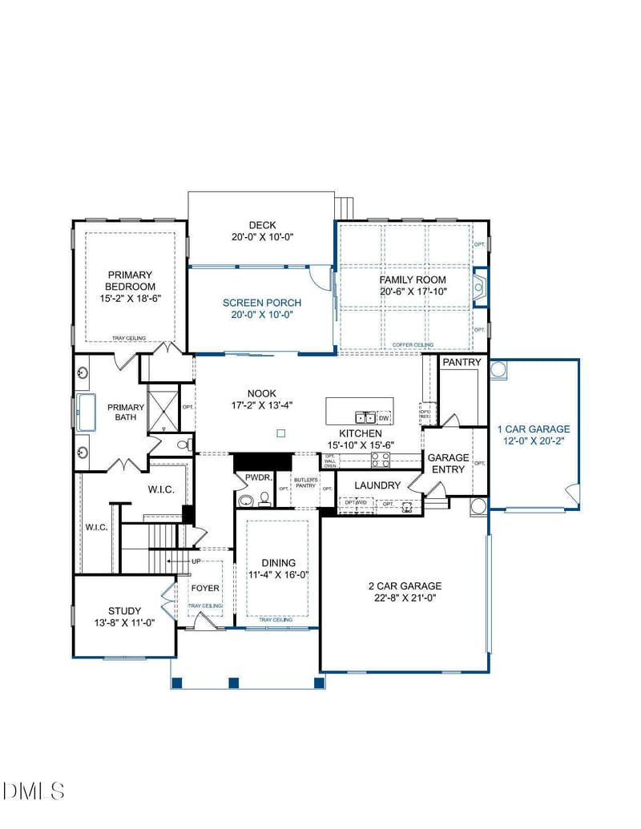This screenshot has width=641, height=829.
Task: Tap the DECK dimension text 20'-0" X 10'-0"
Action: pyautogui.click(x=261, y=237)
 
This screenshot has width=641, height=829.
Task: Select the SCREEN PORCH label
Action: pyautogui.click(x=262, y=303)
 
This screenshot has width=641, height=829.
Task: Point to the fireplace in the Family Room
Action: pyautogui.click(x=480, y=286)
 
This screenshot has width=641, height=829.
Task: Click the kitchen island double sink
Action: pyautogui.click(x=365, y=417)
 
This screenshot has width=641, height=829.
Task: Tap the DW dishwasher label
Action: pyautogui.click(x=384, y=417)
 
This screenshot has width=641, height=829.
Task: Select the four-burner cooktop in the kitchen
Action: pyautogui.click(x=380, y=459)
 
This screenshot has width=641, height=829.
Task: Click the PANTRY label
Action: pyautogui.click(x=462, y=363)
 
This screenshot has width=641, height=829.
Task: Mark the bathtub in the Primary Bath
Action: pyautogui.click(x=85, y=412)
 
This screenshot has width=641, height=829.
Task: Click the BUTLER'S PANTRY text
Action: pyautogui.click(x=305, y=483)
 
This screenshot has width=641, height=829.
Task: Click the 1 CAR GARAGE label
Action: pyautogui.click(x=533, y=429)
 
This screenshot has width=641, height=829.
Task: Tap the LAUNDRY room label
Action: pyautogui.click(x=377, y=485)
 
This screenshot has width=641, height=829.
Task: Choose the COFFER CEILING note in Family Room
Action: pyautogui.click(x=413, y=345)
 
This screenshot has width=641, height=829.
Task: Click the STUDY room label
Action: pyautogui.click(x=124, y=610)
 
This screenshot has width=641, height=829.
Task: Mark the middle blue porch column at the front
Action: pyautogui.click(x=234, y=683)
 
